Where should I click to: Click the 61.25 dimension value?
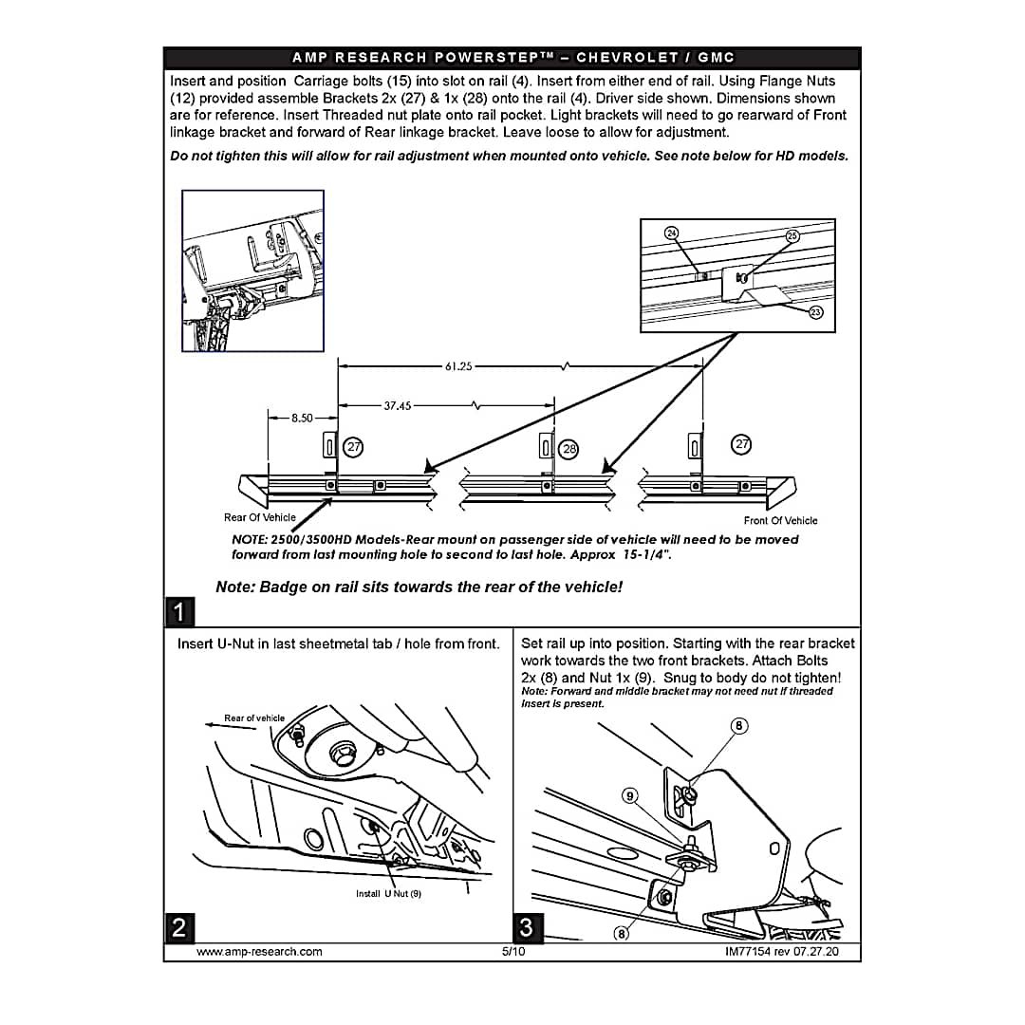[458, 366]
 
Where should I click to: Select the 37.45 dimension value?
[398, 406]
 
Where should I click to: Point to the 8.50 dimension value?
[302, 418]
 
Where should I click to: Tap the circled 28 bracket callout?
[569, 449]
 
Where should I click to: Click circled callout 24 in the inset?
[671, 233]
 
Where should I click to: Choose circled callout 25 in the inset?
[792, 236]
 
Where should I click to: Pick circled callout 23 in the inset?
[816, 312]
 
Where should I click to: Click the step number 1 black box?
[179, 612]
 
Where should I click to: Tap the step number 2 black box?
[179, 927]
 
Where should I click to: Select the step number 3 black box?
[527, 927]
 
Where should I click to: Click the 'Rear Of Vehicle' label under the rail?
[259, 518]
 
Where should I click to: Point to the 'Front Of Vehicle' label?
[780, 521]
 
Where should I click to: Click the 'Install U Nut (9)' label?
[388, 894]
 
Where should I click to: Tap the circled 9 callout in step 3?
[629, 795]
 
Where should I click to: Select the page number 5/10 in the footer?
[513, 952]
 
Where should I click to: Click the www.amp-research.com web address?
[259, 952]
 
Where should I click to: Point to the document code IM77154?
[748, 952]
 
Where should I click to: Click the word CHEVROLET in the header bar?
[627, 58]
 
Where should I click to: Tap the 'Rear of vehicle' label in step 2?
[254, 717]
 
